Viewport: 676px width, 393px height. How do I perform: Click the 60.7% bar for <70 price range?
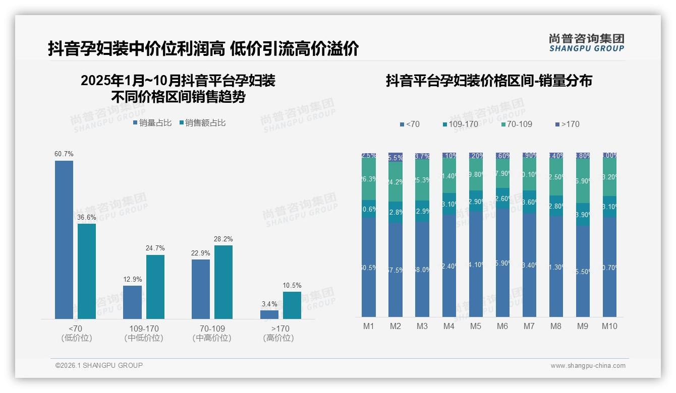click(x=64, y=239)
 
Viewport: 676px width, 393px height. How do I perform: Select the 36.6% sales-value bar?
click(x=87, y=271)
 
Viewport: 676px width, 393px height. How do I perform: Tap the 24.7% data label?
click(x=155, y=248)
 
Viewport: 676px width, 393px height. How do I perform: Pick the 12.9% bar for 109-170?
click(x=133, y=302)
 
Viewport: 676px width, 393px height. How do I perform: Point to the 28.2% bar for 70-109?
click(x=223, y=282)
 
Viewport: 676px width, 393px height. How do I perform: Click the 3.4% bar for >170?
click(x=269, y=314)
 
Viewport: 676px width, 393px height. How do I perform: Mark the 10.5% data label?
click(x=292, y=285)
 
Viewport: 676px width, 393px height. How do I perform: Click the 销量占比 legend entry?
click(x=152, y=123)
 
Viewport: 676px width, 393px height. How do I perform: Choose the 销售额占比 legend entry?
click(x=202, y=123)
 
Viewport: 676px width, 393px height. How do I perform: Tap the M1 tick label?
click(x=369, y=326)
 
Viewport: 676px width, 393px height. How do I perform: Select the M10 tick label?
click(x=609, y=326)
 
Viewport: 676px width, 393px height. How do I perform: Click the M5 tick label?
click(x=476, y=326)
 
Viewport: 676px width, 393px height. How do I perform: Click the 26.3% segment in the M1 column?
click(x=369, y=179)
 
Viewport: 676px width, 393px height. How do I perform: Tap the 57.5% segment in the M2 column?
click(x=396, y=270)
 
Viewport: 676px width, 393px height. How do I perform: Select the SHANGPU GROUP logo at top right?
click(x=587, y=42)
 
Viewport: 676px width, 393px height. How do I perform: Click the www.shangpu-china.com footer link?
click(x=588, y=366)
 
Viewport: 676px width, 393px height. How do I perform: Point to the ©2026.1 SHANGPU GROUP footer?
click(x=99, y=365)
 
